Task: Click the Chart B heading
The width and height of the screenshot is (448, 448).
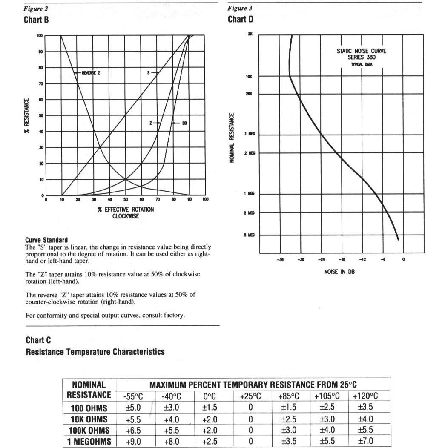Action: tap(36, 20)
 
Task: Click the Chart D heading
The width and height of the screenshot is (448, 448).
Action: tap(241, 20)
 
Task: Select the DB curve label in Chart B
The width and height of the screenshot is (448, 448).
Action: tap(184, 123)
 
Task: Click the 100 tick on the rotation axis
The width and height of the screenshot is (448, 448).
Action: tap(205, 199)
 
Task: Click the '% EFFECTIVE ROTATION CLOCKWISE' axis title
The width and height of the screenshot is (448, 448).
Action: tap(126, 213)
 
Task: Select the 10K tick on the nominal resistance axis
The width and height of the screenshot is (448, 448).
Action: tap(249, 77)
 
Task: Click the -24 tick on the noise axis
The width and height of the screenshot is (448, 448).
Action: tap(321, 259)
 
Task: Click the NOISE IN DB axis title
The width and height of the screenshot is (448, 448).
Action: tap(339, 272)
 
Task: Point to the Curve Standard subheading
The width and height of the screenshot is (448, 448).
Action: tap(46, 240)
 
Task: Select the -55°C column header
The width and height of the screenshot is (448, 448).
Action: tap(133, 396)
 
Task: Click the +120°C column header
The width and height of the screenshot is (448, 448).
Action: tap(365, 396)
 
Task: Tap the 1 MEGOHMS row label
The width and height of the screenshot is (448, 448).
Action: tap(89, 442)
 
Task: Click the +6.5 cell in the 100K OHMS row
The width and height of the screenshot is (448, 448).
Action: tap(133, 430)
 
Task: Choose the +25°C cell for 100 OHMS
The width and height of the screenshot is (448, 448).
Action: tap(250, 408)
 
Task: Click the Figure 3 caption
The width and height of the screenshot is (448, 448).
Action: tap(237, 8)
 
